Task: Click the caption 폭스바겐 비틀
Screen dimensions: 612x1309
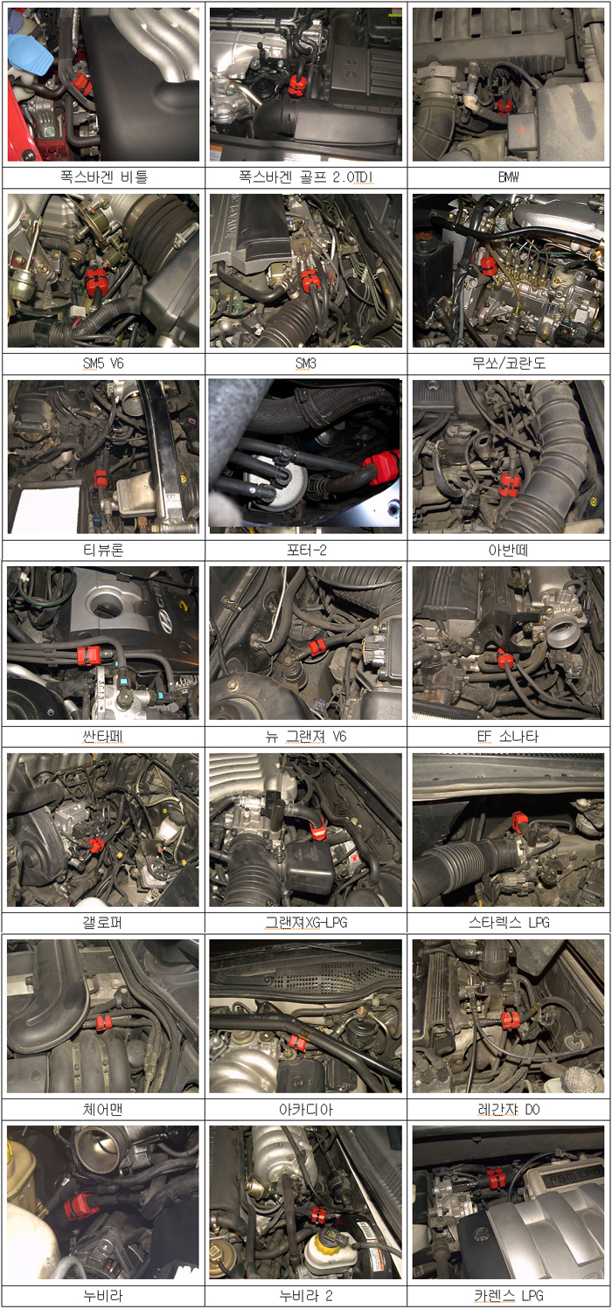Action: (x=103, y=177)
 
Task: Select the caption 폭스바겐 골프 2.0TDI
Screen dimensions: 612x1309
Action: (x=306, y=177)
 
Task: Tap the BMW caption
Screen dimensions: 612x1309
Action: (x=509, y=177)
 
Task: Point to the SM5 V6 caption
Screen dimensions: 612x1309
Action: (x=103, y=364)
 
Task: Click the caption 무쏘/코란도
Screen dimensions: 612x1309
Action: (x=509, y=364)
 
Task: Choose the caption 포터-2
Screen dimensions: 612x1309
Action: (x=306, y=550)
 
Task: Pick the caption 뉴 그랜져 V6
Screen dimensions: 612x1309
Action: (x=306, y=737)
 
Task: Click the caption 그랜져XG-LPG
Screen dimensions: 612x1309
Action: (x=306, y=923)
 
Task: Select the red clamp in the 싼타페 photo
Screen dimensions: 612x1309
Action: (x=89, y=655)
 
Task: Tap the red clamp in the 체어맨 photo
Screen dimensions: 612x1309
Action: (x=103, y=1022)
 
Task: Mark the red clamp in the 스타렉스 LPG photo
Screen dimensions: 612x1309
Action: (x=518, y=821)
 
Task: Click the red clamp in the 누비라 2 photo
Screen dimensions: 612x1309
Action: (x=318, y=1215)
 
